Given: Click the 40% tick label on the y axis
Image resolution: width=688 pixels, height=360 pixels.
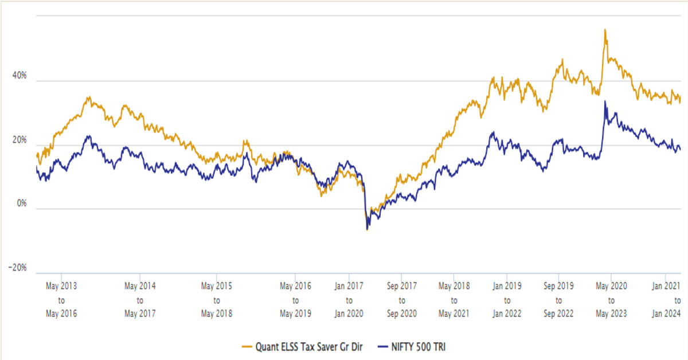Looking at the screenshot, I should pos(19,76).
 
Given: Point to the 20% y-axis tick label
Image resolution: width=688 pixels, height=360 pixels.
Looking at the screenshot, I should pos(19,140).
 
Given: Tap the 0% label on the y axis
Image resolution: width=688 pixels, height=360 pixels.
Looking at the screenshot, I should pos(21,204).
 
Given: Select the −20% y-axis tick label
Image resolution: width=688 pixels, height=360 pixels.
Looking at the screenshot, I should pos(17,268).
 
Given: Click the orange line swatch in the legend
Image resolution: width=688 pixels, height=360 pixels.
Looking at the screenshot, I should pos(249,346).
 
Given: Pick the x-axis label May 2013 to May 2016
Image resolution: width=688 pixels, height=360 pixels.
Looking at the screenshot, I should pos(61,299).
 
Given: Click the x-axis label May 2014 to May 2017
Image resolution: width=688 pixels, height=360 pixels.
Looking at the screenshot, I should pos(139,299).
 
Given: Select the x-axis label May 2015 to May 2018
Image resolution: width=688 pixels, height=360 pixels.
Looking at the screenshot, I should pos(216,299).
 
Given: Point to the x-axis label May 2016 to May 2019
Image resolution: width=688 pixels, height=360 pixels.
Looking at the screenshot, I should pos(295,299).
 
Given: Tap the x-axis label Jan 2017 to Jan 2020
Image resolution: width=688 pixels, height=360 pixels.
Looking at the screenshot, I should pos(349,299).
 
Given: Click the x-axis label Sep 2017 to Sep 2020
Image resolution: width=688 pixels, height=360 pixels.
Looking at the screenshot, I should pos(401,299).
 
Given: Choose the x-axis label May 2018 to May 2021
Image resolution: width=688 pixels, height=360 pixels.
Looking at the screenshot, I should pos(454,299).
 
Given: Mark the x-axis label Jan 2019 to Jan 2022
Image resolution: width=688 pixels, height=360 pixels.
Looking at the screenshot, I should pos(506,299).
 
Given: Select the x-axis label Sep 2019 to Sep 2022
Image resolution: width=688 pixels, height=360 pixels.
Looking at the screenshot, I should pos(558,299).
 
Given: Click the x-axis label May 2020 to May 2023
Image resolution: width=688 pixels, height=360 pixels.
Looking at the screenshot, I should pos(611,299).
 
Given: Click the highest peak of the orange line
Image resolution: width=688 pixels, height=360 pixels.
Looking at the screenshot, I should pos(605,30).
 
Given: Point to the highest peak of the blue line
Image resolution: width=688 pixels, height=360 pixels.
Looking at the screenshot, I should pos(605,101).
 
